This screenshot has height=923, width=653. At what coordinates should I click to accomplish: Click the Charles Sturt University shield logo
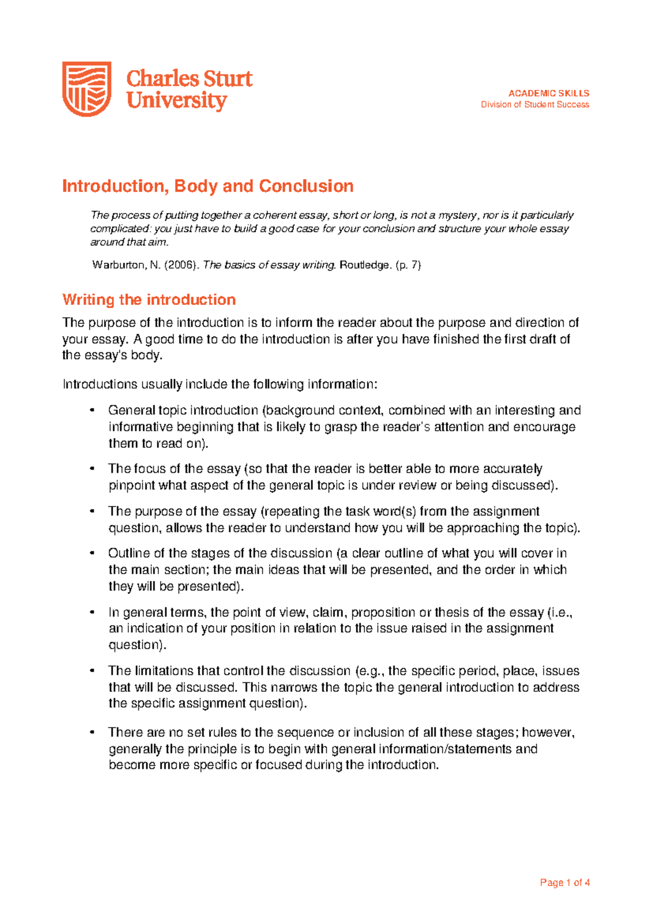(x=87, y=89)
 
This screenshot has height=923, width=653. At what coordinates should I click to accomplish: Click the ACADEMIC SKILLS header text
(x=549, y=93)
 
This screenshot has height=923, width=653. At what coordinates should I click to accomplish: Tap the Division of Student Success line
(x=534, y=104)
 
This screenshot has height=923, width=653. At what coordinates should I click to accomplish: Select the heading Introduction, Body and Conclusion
(x=207, y=186)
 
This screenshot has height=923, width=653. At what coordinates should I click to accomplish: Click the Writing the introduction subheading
(x=149, y=299)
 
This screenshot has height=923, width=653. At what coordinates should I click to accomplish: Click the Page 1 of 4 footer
(x=564, y=883)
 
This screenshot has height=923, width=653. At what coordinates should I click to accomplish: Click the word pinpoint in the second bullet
(x=131, y=485)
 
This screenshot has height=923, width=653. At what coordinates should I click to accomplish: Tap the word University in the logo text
(x=176, y=101)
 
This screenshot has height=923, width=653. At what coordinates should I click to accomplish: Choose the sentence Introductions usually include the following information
(x=219, y=384)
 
